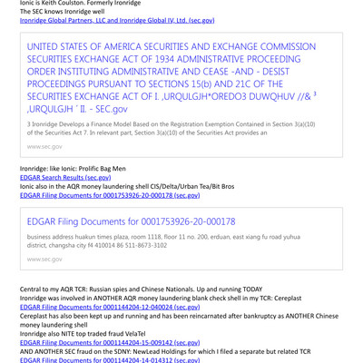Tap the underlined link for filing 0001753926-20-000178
[x=110, y=195]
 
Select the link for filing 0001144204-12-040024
[x=110, y=306]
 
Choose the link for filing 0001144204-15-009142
[x=110, y=342]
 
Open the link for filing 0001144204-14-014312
[x=110, y=360]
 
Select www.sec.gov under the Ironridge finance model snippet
[x=45, y=146]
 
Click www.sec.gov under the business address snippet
[x=45, y=259]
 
